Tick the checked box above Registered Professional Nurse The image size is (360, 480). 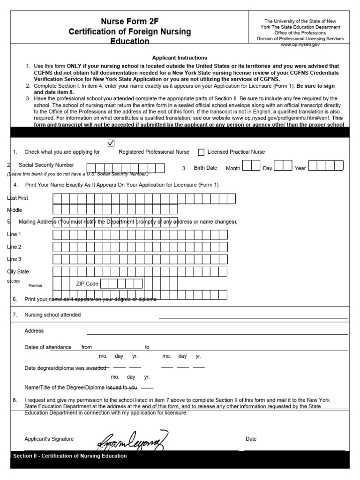point(111,143)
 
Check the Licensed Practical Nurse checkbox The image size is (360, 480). point(201,152)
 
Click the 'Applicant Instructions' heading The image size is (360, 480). point(180,58)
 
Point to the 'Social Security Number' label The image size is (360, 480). point(46,165)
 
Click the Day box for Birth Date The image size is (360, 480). point(283,165)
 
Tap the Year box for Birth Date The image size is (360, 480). point(326,165)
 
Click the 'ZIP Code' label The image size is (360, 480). point(87,284)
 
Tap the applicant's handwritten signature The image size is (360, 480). point(132,439)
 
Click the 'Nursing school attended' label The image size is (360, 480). point(52,315)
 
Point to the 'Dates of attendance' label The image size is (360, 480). point(48,347)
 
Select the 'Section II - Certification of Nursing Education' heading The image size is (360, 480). point(70,456)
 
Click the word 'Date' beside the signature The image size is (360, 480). point(251,439)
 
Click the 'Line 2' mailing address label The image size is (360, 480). point(14,247)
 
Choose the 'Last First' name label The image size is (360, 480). point(18,198)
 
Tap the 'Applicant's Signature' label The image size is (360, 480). point(49,439)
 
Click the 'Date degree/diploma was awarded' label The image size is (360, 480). point(65,368)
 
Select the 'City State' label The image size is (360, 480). point(18,271)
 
